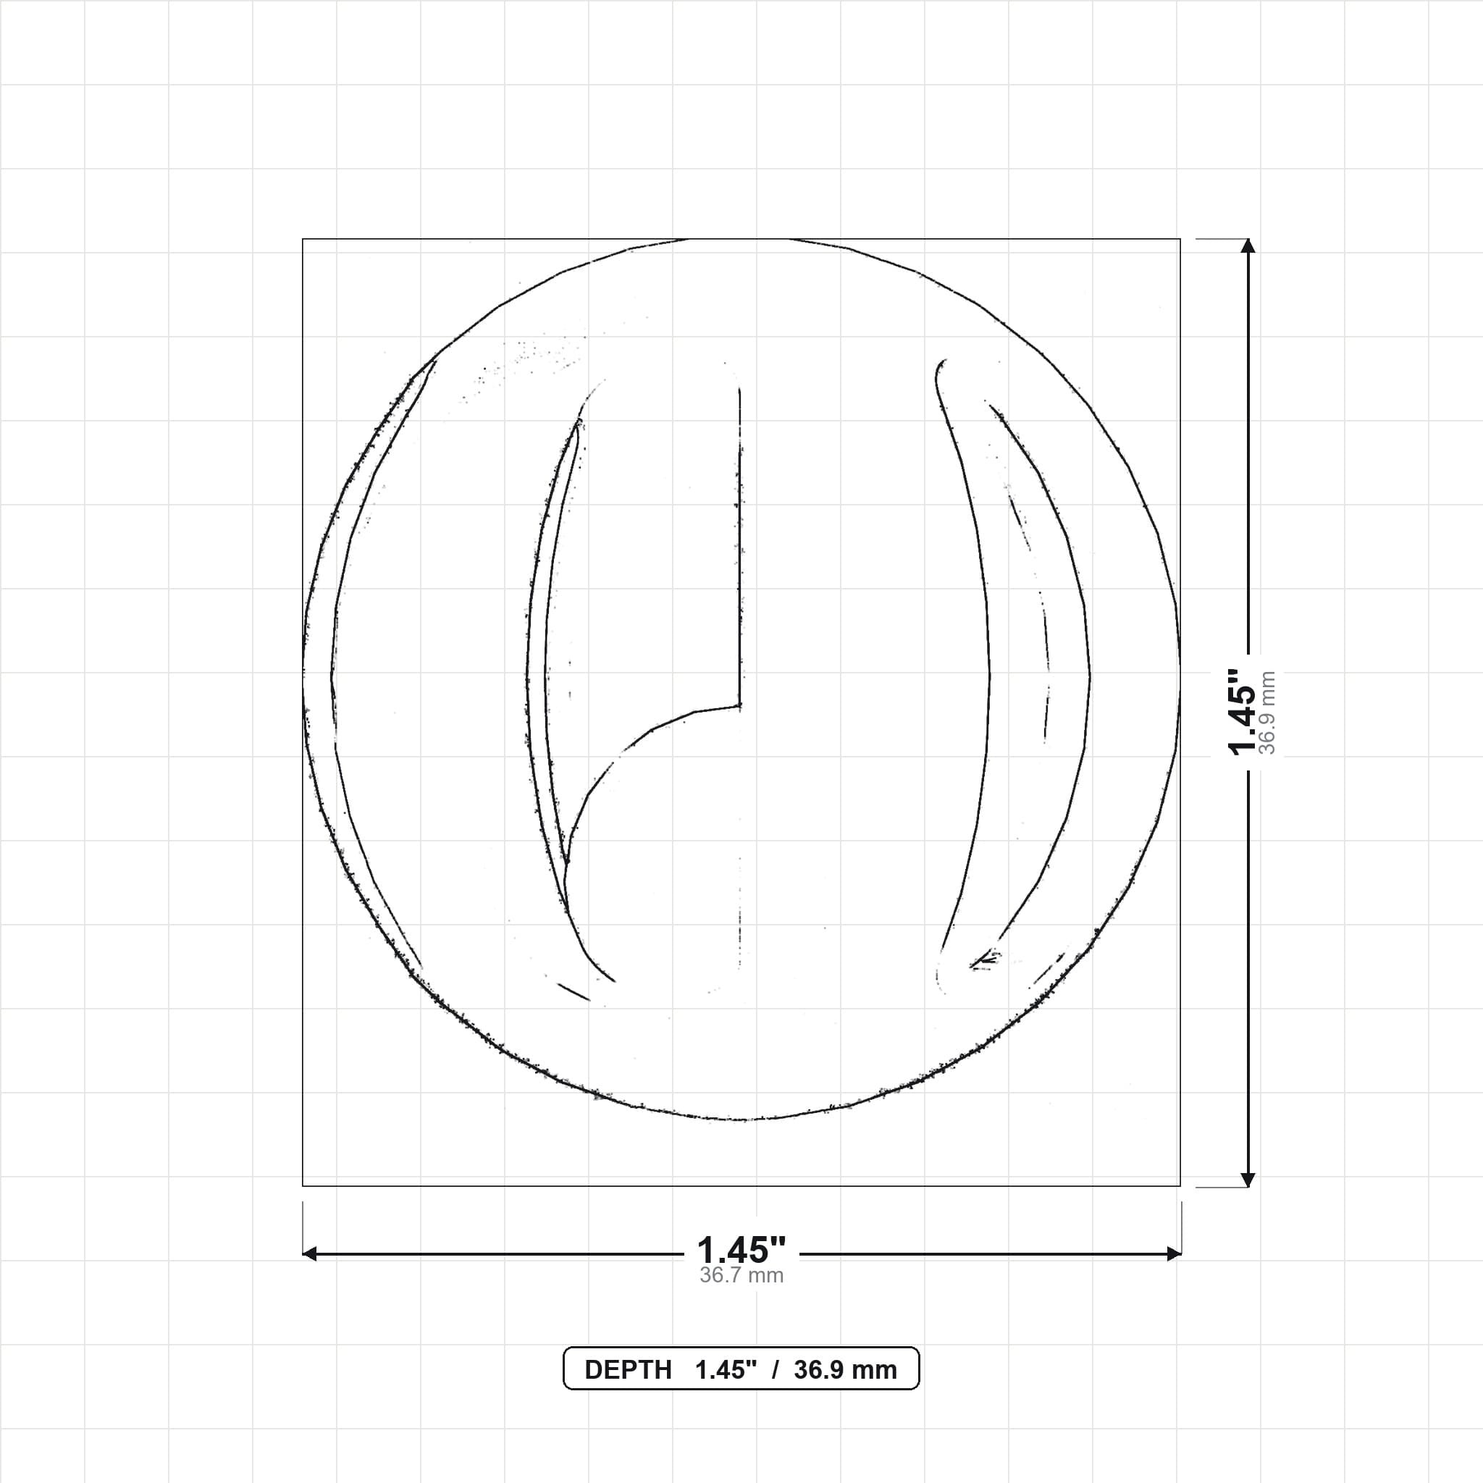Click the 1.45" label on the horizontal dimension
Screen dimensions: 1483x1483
[x=741, y=1251]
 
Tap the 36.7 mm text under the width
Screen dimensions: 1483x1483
[x=741, y=1276]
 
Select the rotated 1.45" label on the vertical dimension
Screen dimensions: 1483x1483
[x=1242, y=712]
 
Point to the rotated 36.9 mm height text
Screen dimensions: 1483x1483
[x=1267, y=713]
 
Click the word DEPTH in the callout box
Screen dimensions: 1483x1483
[x=628, y=1370]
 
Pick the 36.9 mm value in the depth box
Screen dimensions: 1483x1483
[x=845, y=1370]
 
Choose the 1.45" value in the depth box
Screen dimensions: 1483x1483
[x=726, y=1370]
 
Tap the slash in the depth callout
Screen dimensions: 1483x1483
[x=776, y=1370]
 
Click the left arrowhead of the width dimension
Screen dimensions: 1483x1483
[x=309, y=1254]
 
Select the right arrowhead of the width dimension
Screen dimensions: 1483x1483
[x=1174, y=1254]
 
